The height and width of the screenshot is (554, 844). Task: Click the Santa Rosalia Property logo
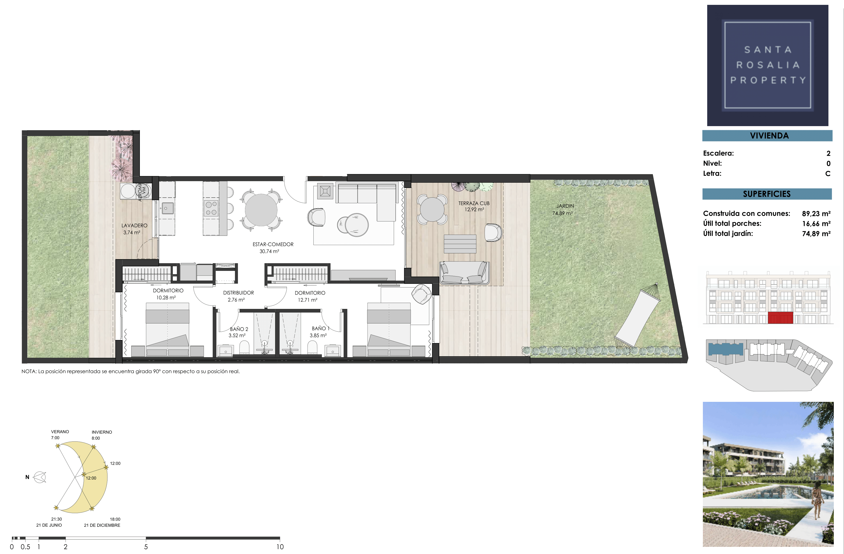click(767, 65)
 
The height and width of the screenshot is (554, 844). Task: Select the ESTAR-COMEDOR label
click(273, 244)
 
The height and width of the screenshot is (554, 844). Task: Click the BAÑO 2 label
click(239, 329)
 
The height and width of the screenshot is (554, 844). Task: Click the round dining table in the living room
click(261, 210)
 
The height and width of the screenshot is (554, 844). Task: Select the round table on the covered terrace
click(432, 210)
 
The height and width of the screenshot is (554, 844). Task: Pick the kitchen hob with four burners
click(211, 208)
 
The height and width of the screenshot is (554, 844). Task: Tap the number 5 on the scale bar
click(146, 547)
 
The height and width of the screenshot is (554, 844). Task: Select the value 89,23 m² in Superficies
click(816, 213)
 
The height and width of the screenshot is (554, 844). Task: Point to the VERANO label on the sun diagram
click(60, 432)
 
